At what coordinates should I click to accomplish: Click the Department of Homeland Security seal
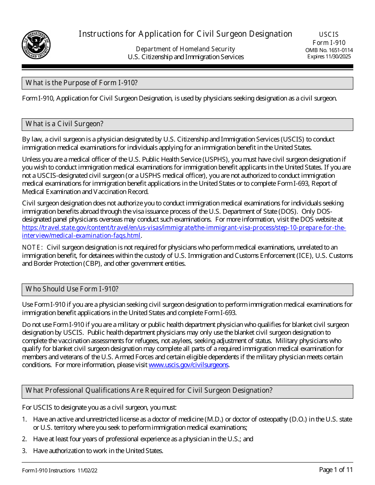36,45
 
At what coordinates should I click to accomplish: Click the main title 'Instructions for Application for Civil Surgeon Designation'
185,34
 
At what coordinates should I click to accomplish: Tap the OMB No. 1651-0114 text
329,50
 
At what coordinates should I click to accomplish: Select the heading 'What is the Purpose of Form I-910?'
81,83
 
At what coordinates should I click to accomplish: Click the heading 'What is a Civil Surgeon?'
64,124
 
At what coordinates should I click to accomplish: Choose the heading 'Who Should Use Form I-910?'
72,289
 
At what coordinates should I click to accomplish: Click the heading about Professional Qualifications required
149,390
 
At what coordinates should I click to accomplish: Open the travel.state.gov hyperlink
184,228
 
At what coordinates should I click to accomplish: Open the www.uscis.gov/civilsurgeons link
188,365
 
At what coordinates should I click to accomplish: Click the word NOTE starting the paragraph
32,247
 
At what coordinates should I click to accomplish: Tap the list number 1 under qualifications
24,419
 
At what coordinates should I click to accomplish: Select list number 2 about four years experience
24,439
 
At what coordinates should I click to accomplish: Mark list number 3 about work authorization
24,451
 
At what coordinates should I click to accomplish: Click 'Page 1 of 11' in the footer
336,470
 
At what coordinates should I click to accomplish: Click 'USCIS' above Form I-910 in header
329,34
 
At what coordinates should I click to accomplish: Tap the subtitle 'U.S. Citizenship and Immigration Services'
186,57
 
